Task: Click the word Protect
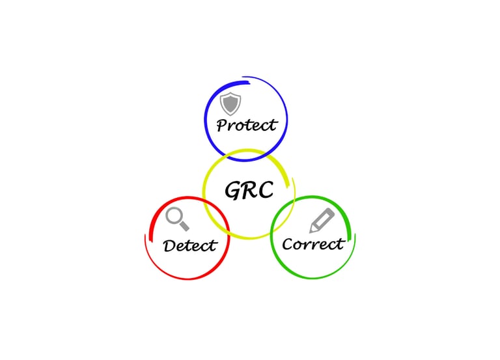point(247,124)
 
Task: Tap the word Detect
point(189,245)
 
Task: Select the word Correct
point(312,244)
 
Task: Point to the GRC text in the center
point(248,190)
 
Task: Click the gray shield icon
point(230,104)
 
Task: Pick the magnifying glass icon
point(176,219)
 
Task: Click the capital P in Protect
point(223,125)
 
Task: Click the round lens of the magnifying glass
point(173,215)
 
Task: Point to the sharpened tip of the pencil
point(312,230)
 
